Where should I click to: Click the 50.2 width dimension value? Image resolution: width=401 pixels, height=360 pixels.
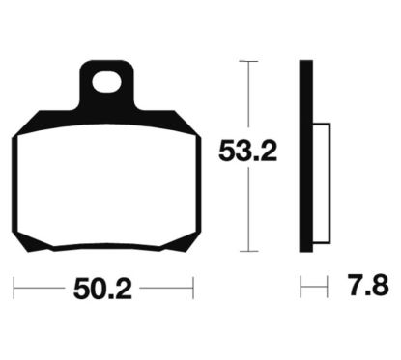[x=102, y=289]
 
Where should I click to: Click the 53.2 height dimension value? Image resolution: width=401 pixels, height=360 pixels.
[x=247, y=151]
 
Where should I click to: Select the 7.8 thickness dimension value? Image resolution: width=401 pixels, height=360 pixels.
[x=368, y=285]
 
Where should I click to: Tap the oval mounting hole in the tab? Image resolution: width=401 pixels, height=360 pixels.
[x=106, y=82]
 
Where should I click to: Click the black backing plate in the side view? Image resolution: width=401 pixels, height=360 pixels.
[x=306, y=156]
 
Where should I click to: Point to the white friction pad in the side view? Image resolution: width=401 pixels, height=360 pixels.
[x=322, y=183]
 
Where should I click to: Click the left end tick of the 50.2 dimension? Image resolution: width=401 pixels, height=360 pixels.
[x=14, y=288]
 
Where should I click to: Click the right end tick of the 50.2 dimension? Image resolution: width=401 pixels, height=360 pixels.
[x=193, y=288]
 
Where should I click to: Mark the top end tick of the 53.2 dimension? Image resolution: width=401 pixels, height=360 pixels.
[x=248, y=61]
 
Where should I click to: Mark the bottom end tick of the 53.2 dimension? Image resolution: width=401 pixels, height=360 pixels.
[x=248, y=251]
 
